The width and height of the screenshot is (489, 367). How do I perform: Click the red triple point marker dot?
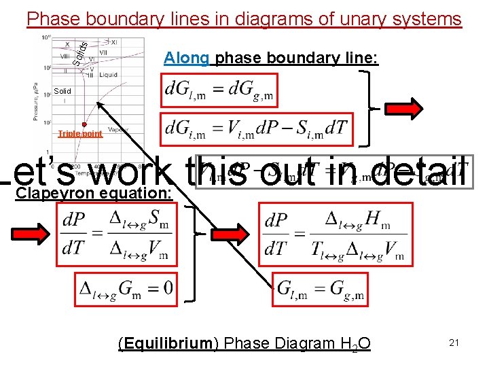pos(84,124)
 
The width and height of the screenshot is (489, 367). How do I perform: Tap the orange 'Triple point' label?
pos(80,134)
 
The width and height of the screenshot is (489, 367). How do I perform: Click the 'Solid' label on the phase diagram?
pos(62,90)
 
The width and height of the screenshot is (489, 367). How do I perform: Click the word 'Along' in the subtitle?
pos(185,58)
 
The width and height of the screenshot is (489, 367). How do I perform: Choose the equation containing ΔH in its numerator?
pos(333,236)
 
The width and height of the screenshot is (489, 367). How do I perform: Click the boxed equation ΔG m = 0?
pos(126,290)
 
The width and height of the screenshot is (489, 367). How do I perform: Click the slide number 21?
pos(454,343)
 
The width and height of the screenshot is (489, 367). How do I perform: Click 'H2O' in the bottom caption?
pos(357,344)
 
